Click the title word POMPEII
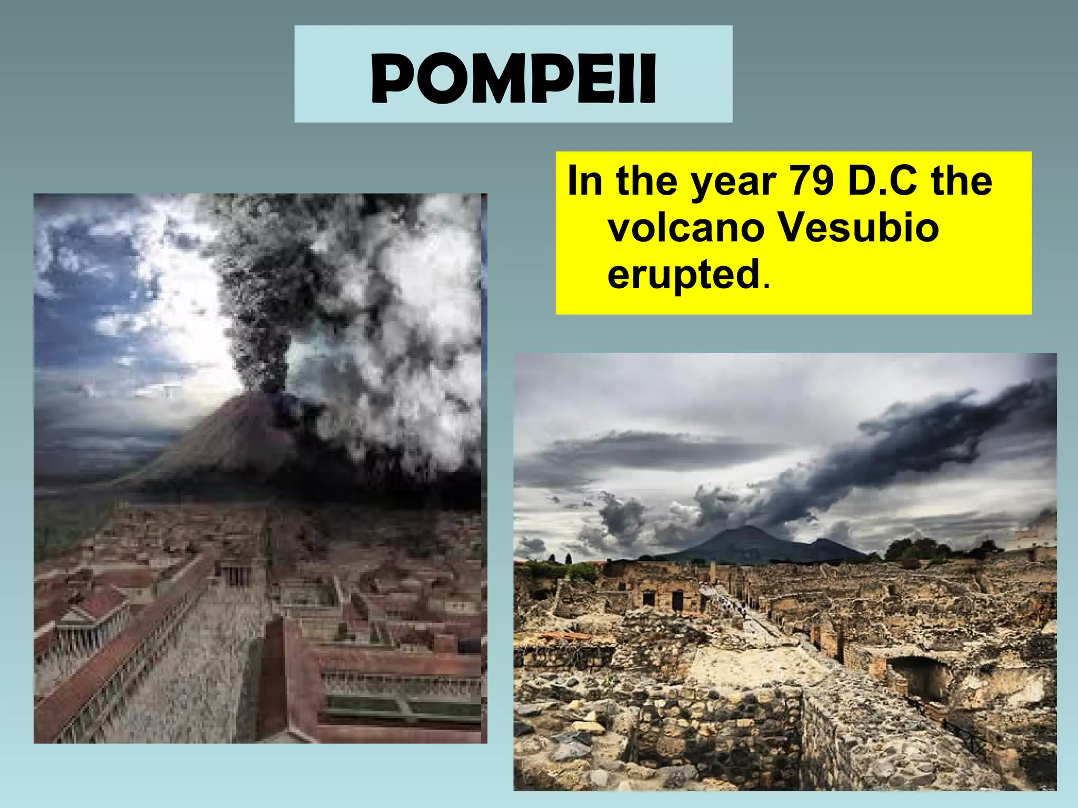click(x=513, y=78)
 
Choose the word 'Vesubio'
click(x=857, y=228)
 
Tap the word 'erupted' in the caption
click(x=684, y=275)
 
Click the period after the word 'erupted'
click(x=766, y=286)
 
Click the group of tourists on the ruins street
click(x=737, y=605)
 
